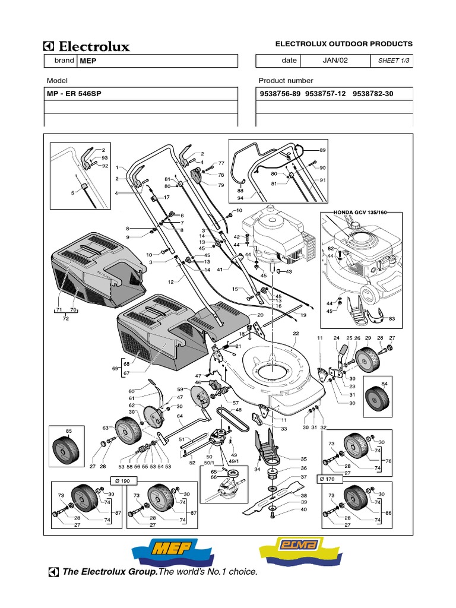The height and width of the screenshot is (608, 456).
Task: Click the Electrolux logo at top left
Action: [x=87, y=46]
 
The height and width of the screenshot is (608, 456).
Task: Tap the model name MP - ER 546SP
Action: [x=70, y=94]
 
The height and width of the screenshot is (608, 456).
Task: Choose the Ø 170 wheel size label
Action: [x=330, y=479]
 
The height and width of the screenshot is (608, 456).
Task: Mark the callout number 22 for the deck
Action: [x=296, y=334]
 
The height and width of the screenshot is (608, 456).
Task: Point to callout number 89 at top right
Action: [x=322, y=150]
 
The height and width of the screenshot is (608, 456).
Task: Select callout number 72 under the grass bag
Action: [x=66, y=318]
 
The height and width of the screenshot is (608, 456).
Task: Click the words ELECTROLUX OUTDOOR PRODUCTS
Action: [x=344, y=44]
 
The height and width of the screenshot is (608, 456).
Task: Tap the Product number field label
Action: [x=286, y=81]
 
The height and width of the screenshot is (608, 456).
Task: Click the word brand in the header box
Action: [x=65, y=61]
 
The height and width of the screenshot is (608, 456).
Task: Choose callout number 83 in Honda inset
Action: [x=391, y=319]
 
